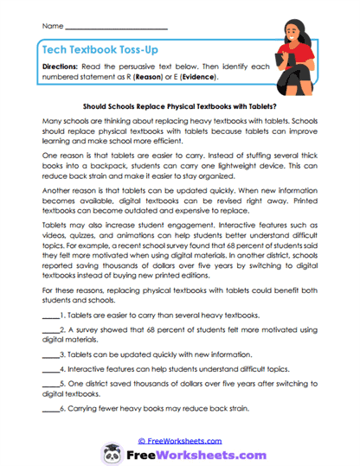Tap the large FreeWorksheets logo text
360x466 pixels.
pos(190,454)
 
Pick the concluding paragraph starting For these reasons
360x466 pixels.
pos(179,290)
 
